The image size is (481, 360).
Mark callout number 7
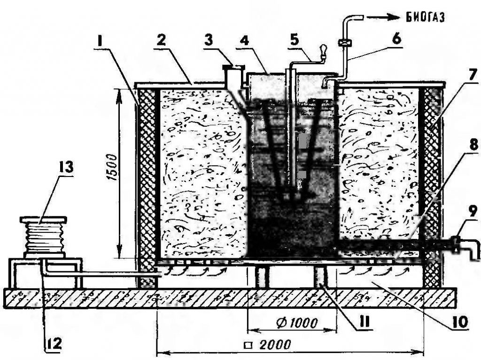[472, 74]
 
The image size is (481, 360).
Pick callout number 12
[54, 344]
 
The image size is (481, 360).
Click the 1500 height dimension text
[112, 169]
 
